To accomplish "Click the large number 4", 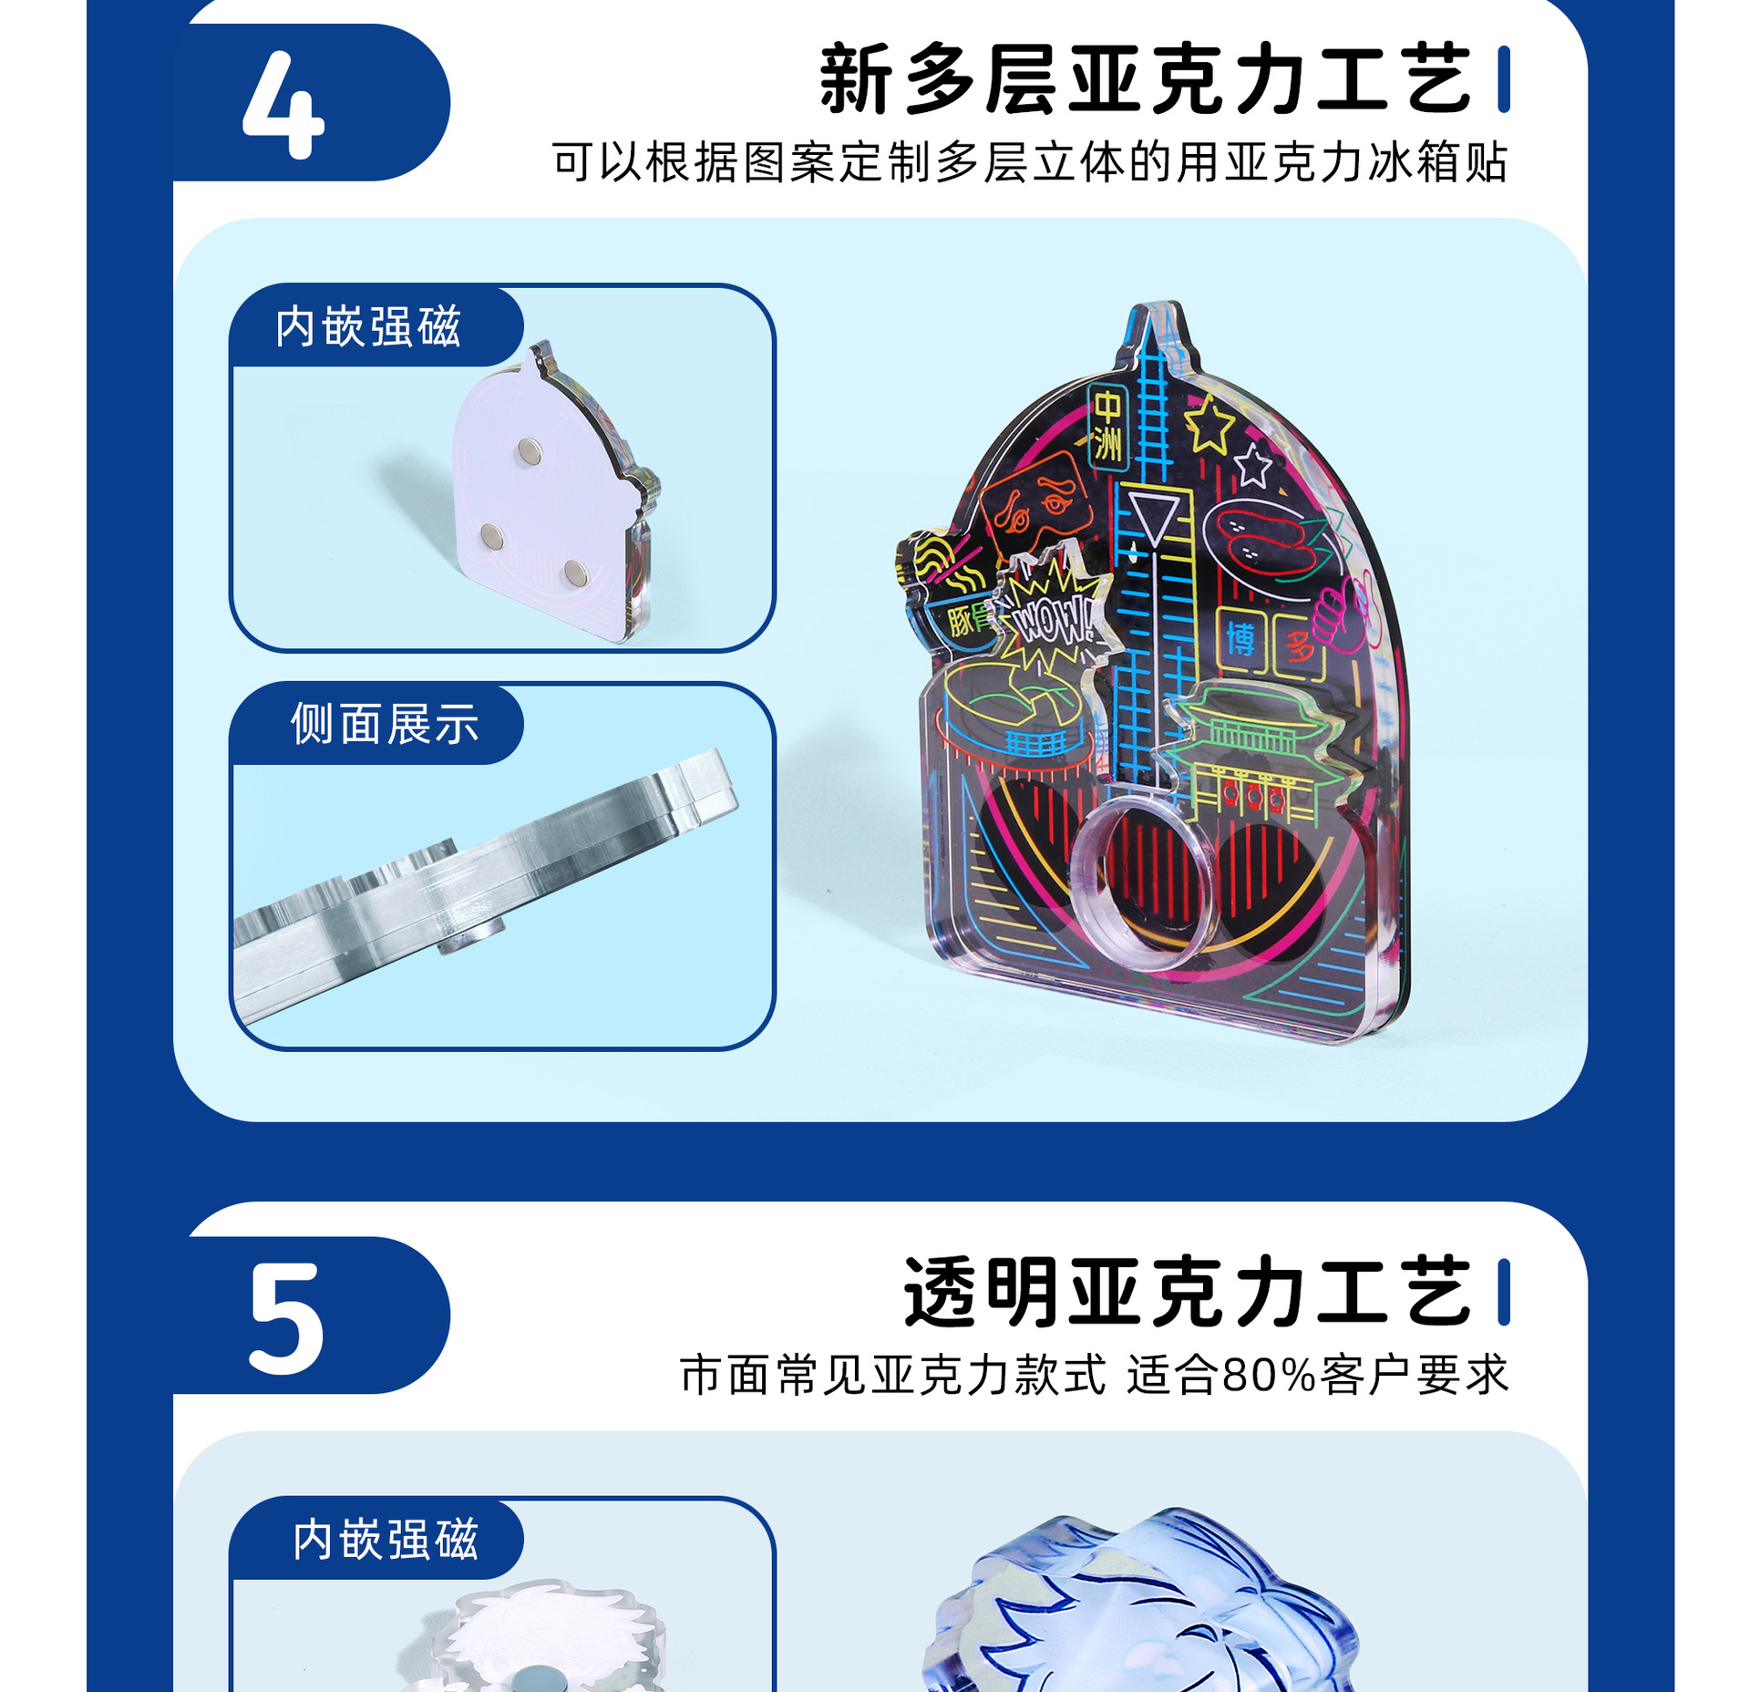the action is (x=283, y=104).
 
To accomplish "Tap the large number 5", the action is (x=286, y=1318).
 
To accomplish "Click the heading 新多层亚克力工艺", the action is (x=1146, y=79).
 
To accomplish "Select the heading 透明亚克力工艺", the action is (x=1188, y=1292).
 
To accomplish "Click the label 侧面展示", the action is (x=385, y=724).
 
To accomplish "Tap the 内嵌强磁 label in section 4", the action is (x=368, y=326).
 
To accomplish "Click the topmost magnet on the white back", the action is (x=530, y=449).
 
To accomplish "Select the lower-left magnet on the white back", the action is (x=492, y=537).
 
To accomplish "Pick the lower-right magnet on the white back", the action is (x=575, y=573).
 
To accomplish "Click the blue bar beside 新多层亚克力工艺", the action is (x=1504, y=79).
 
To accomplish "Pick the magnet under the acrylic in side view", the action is (x=470, y=936).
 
